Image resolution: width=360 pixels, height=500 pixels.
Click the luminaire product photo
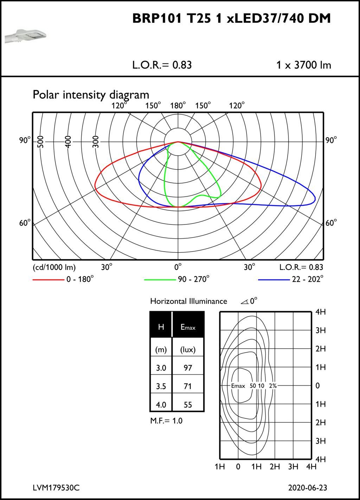pyautogui.click(x=25, y=36)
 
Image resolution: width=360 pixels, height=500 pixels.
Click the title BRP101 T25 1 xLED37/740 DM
pyautogui.click(x=231, y=19)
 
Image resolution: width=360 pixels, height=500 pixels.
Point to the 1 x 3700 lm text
pyautogui.click(x=303, y=65)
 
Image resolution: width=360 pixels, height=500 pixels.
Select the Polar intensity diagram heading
pyautogui.click(x=91, y=95)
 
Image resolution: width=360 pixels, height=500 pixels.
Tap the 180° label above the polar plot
pyautogui.click(x=178, y=106)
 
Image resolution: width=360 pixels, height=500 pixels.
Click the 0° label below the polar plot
pyautogui.click(x=178, y=267)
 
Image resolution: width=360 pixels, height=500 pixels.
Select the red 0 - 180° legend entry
pyautogui.click(x=63, y=279)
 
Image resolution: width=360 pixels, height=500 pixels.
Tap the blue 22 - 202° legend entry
pyautogui.click(x=291, y=279)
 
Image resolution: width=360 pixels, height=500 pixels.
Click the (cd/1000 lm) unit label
pyautogui.click(x=54, y=267)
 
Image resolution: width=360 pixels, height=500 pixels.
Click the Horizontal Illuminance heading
pyautogui.click(x=188, y=301)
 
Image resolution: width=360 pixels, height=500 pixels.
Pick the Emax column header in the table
pyautogui.click(x=188, y=327)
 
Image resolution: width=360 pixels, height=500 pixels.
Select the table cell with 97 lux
pyautogui.click(x=188, y=368)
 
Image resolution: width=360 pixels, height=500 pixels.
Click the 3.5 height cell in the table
pyautogui.click(x=161, y=386)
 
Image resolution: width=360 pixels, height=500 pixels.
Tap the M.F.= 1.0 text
pyautogui.click(x=166, y=421)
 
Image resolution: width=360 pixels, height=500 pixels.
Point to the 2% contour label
pyautogui.click(x=273, y=386)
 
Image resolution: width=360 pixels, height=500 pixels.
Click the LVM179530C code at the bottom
pyautogui.click(x=56, y=488)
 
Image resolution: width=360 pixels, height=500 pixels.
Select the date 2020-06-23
pyautogui.click(x=307, y=488)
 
